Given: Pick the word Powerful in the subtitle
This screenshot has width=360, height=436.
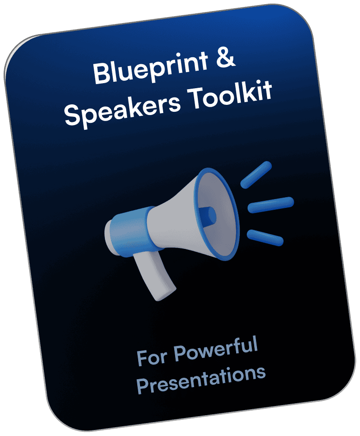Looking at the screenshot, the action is click(216, 350).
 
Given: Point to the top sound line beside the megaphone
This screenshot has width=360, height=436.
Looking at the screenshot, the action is click(256, 175).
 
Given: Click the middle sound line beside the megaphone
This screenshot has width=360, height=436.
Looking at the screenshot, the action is click(271, 205).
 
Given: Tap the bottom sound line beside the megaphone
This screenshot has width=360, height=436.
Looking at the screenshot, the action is click(265, 238).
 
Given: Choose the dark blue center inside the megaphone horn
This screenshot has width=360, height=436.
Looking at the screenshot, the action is click(207, 216).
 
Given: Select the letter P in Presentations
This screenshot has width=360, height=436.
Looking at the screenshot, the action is click(143, 386).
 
